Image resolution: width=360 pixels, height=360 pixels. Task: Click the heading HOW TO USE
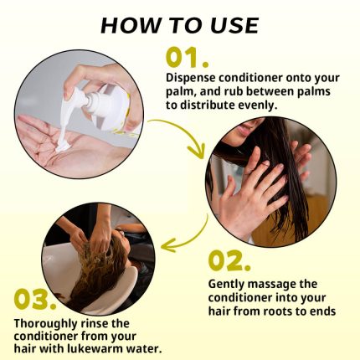coord(179,23)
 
